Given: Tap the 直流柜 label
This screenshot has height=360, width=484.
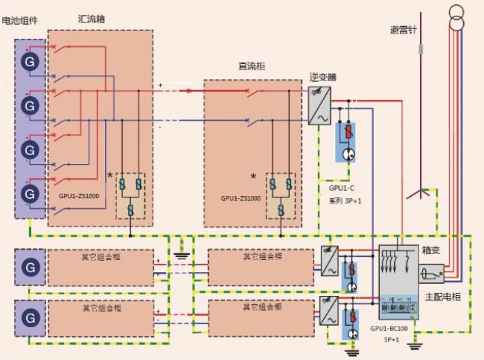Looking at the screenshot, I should pos(250,66).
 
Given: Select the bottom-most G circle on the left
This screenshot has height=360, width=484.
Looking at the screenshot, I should pos(29,308).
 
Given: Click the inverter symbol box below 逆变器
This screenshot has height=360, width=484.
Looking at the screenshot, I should pos(318,105).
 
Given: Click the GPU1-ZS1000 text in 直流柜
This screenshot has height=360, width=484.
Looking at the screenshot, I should pos(241,198).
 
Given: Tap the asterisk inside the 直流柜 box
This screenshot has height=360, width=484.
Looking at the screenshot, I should pos(253,177).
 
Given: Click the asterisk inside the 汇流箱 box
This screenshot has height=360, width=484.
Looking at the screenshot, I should pos(110,175).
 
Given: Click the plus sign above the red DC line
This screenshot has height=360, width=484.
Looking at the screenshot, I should pos(160,86).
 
